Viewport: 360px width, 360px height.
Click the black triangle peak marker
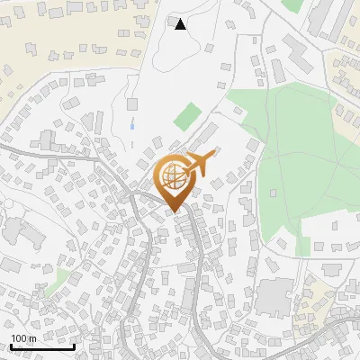180,24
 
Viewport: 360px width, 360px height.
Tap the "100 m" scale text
23,338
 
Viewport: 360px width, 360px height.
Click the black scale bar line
42,346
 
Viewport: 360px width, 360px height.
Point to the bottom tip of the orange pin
173,213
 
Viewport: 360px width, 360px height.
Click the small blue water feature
133,123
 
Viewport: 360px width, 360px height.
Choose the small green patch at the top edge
292,4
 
